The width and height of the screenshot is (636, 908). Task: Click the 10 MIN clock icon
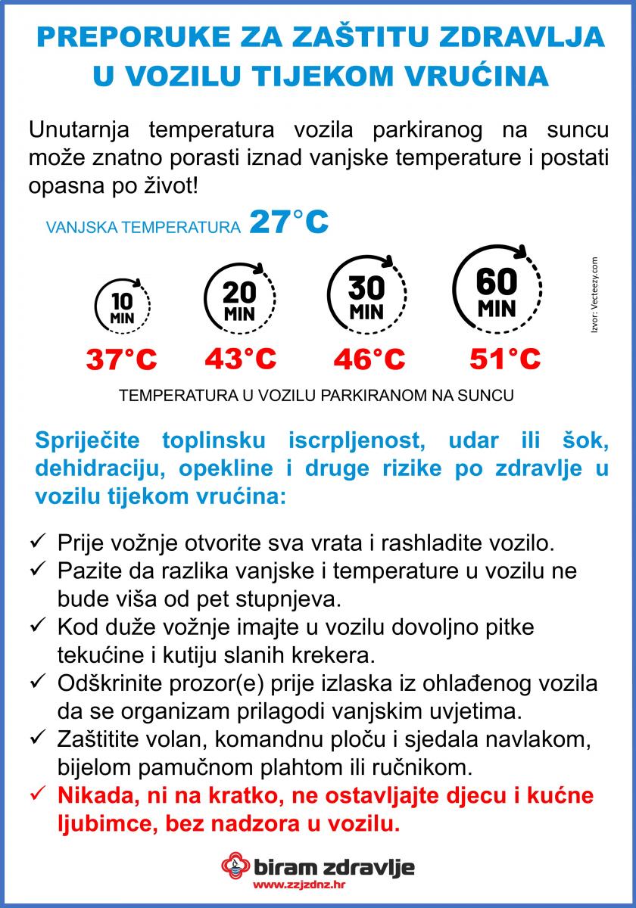pyautogui.click(x=122, y=306)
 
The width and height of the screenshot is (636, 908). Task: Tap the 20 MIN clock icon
pyautogui.click(x=239, y=298)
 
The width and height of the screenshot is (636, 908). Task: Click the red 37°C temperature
pyautogui.click(x=121, y=359)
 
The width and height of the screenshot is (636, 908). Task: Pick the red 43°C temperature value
pyautogui.click(x=240, y=358)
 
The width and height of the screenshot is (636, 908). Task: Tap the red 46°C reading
pyautogui.click(x=369, y=359)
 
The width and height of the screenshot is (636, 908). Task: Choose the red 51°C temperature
pyautogui.click(x=505, y=358)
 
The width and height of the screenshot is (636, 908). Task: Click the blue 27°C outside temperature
pyautogui.click(x=288, y=222)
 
